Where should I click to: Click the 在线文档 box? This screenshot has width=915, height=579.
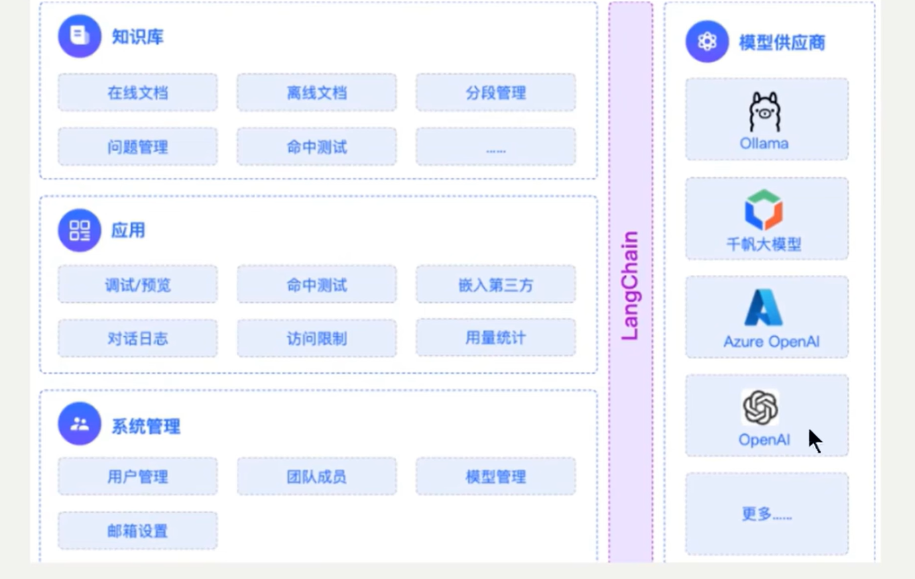[x=138, y=93]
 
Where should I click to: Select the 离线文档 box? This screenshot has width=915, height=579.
[x=316, y=93]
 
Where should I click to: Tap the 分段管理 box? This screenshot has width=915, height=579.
[x=496, y=93]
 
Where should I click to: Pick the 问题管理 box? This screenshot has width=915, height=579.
[x=138, y=147]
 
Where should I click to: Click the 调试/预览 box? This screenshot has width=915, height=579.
[x=138, y=284]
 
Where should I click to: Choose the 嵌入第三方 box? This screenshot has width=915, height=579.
[x=496, y=284]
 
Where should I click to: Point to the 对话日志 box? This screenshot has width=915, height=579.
[x=138, y=339]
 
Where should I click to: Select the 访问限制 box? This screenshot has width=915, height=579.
[x=316, y=339]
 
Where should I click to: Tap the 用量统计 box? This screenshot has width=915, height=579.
[x=496, y=337]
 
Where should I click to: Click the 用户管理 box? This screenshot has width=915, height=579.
[x=138, y=476]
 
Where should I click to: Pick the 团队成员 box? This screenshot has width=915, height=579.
[x=316, y=476]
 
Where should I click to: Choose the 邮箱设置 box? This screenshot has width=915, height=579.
[x=138, y=531]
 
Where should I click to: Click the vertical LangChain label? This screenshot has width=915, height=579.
[x=630, y=286]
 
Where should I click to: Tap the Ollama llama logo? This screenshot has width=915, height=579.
[x=764, y=112]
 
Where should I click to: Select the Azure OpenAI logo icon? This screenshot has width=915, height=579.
[x=763, y=307]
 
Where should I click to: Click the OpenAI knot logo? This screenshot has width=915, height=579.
[x=761, y=407]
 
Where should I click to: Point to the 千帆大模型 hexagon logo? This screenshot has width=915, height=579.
[x=763, y=210]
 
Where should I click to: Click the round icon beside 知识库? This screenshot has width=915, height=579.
[x=80, y=36]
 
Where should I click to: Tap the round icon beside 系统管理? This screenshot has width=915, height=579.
[x=80, y=423]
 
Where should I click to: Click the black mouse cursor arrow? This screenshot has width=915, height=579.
[x=815, y=441]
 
